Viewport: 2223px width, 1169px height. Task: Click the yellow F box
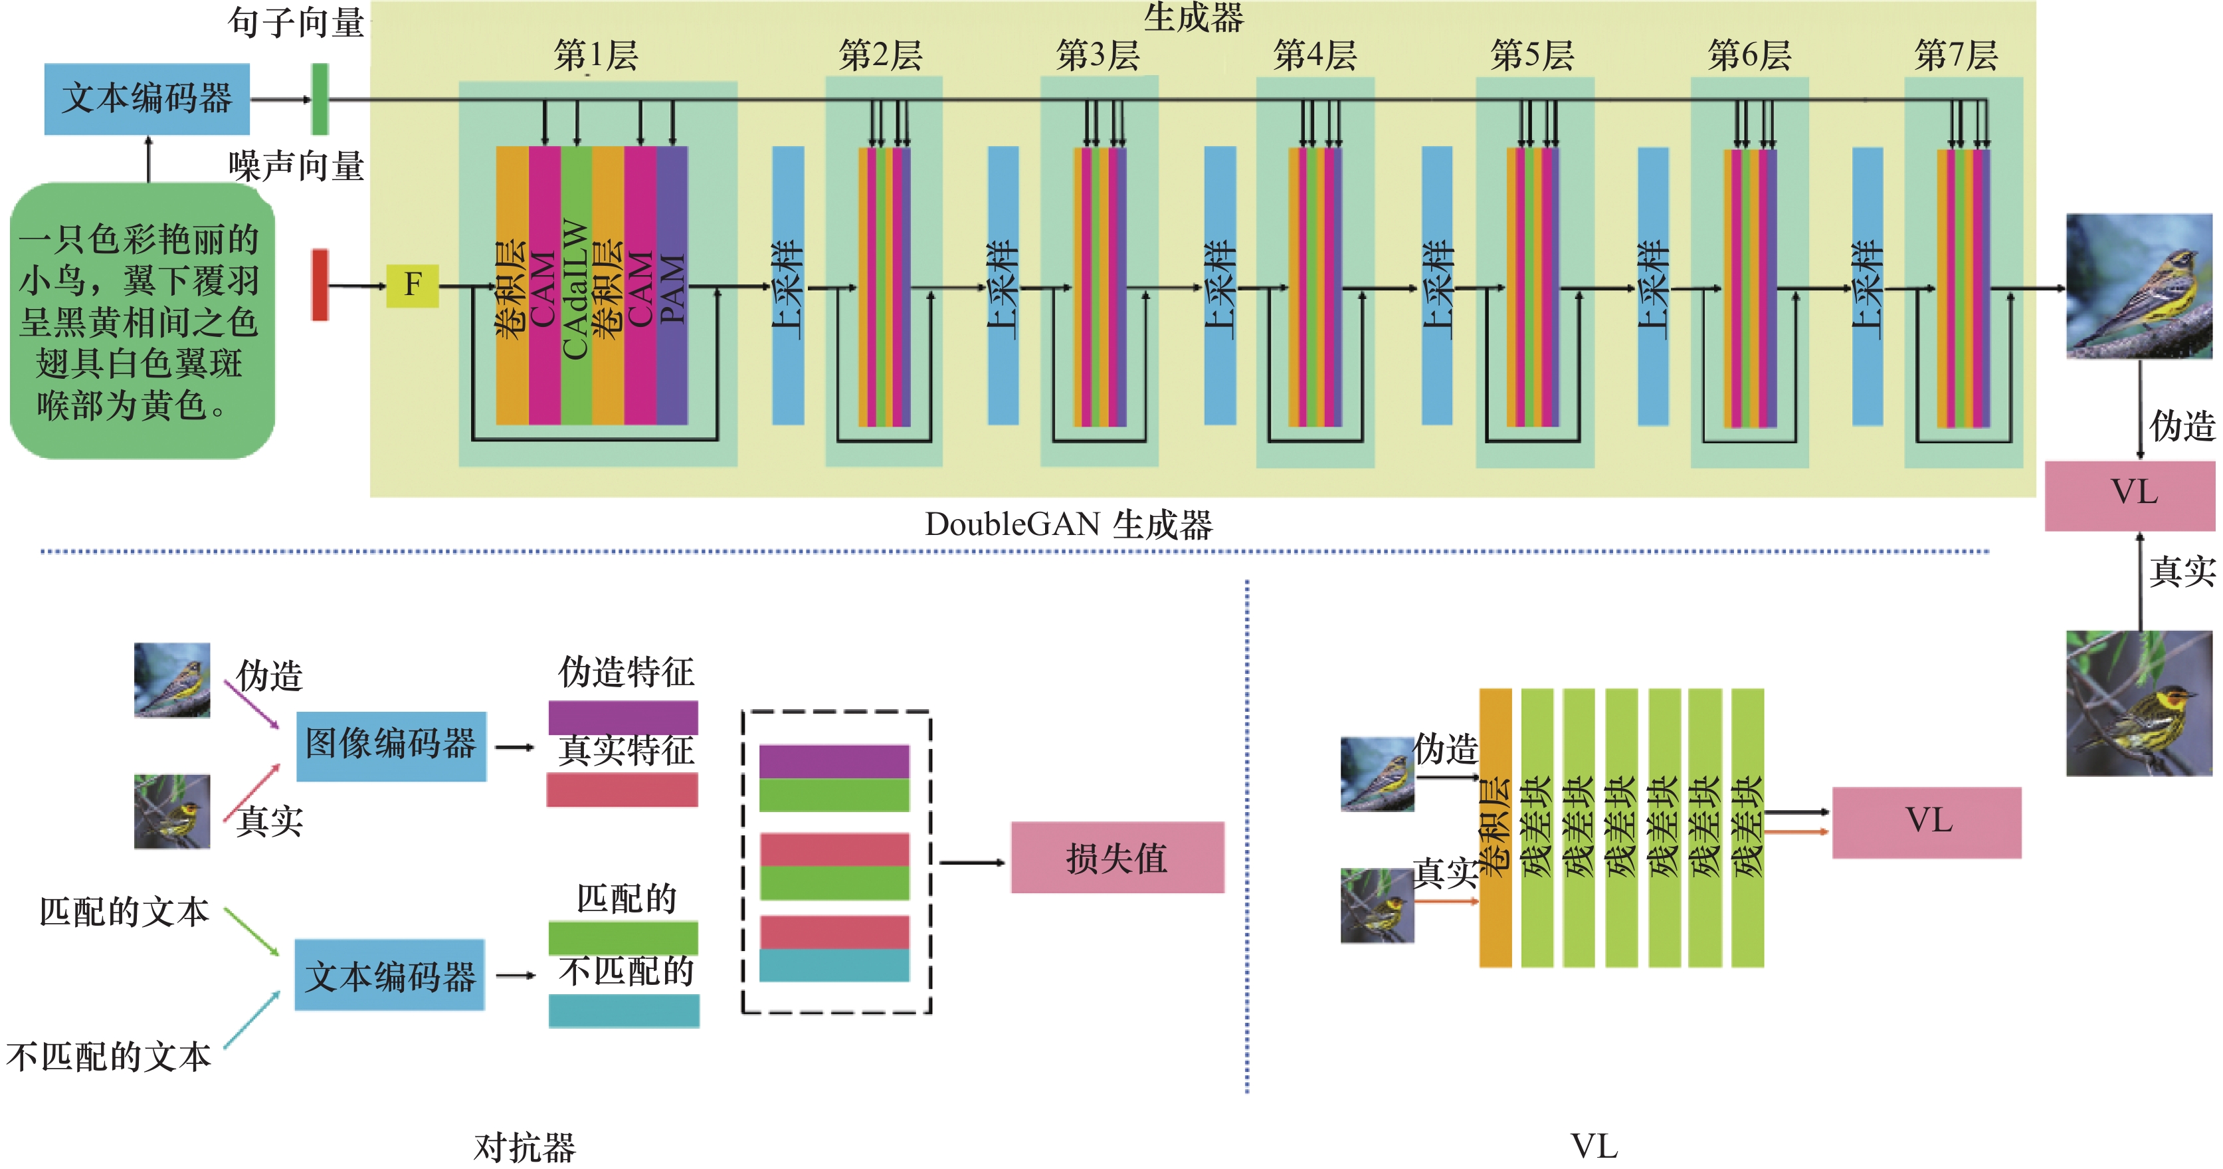point(413,285)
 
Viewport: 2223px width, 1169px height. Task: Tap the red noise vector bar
point(320,285)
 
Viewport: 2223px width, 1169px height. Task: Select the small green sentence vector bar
point(320,99)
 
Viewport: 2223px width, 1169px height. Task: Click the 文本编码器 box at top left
point(147,98)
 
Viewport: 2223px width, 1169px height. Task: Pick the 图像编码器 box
point(390,746)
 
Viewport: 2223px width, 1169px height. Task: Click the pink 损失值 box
point(1117,857)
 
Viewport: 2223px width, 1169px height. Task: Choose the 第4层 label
point(1314,55)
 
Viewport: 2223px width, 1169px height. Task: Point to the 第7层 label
point(1955,55)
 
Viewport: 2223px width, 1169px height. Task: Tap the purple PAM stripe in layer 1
point(672,285)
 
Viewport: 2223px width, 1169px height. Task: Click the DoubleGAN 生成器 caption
point(1068,525)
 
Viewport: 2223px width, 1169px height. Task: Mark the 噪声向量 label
point(296,165)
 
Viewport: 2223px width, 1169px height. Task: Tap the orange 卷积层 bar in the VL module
point(1495,827)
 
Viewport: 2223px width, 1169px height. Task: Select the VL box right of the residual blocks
point(1926,822)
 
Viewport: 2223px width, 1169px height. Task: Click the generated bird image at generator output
point(2139,286)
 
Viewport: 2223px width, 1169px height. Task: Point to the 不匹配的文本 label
point(109,1057)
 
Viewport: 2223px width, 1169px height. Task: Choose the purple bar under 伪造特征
point(623,716)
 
